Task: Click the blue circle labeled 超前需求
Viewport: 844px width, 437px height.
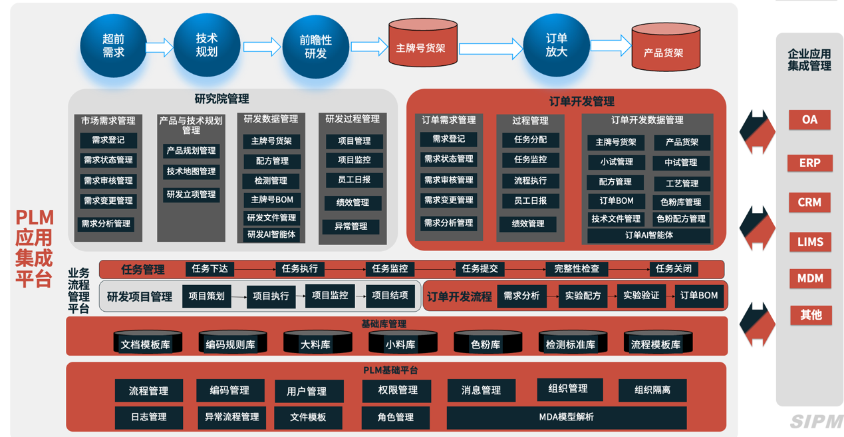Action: pyautogui.click(x=114, y=46)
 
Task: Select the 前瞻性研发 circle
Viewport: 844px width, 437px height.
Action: pyautogui.click(x=316, y=47)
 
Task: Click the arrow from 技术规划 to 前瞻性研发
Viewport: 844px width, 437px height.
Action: pyautogui.click(x=261, y=47)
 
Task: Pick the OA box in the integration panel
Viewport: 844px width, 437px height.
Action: pyautogui.click(x=809, y=120)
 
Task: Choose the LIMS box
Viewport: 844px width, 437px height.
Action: pyautogui.click(x=809, y=242)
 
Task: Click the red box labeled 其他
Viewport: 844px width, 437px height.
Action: pyautogui.click(x=810, y=314)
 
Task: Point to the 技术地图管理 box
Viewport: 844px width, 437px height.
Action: pyautogui.click(x=192, y=172)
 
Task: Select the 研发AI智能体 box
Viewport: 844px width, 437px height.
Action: pyautogui.click(x=271, y=234)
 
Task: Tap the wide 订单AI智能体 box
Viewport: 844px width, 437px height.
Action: pyautogui.click(x=648, y=235)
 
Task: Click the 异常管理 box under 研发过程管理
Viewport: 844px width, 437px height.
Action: pyautogui.click(x=351, y=226)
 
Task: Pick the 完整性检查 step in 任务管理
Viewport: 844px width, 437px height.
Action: pyautogui.click(x=577, y=269)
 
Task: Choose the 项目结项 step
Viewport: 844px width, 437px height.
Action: pyautogui.click(x=390, y=296)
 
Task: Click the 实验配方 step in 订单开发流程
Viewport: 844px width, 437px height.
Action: pyautogui.click(x=583, y=296)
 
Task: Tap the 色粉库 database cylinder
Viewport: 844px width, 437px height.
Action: pyautogui.click(x=486, y=343)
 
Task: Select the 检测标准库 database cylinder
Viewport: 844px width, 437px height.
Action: pyautogui.click(x=571, y=343)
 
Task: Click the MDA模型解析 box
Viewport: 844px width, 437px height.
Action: pyautogui.click(x=566, y=418)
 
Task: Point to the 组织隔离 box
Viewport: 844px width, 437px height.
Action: pyautogui.click(x=652, y=390)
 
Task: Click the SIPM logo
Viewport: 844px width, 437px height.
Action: pyautogui.click(x=816, y=421)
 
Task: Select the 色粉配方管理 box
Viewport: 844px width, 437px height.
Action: pyautogui.click(x=681, y=218)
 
